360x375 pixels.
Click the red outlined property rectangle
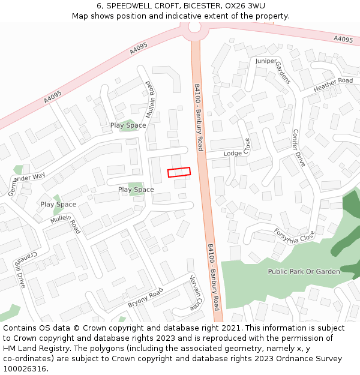[x=179, y=172]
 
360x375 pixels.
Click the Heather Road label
[x=333, y=85]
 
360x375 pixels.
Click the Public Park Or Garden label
[x=304, y=271]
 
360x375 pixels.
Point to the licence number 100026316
[x=26, y=368]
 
